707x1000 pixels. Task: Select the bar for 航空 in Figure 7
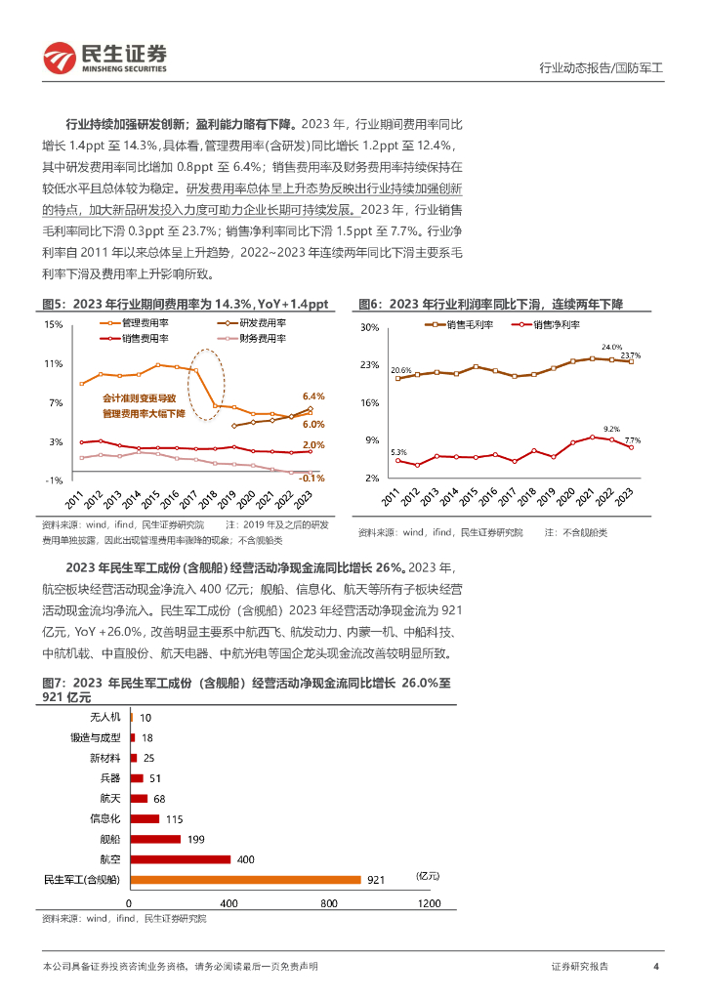[181, 859]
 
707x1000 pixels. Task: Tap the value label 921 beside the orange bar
[376, 880]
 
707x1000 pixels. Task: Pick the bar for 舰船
[156, 839]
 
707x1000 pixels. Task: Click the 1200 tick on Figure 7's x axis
[429, 902]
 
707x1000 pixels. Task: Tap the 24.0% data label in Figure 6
[611, 347]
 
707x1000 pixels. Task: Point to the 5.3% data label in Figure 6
[398, 451]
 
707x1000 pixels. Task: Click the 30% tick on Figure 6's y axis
[370, 328]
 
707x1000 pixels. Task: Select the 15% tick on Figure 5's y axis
[53, 324]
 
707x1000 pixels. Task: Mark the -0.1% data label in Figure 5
[311, 478]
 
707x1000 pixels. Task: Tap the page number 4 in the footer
[656, 966]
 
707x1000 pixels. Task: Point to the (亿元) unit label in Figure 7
[428, 875]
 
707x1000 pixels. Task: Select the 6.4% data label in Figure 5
[312, 396]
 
